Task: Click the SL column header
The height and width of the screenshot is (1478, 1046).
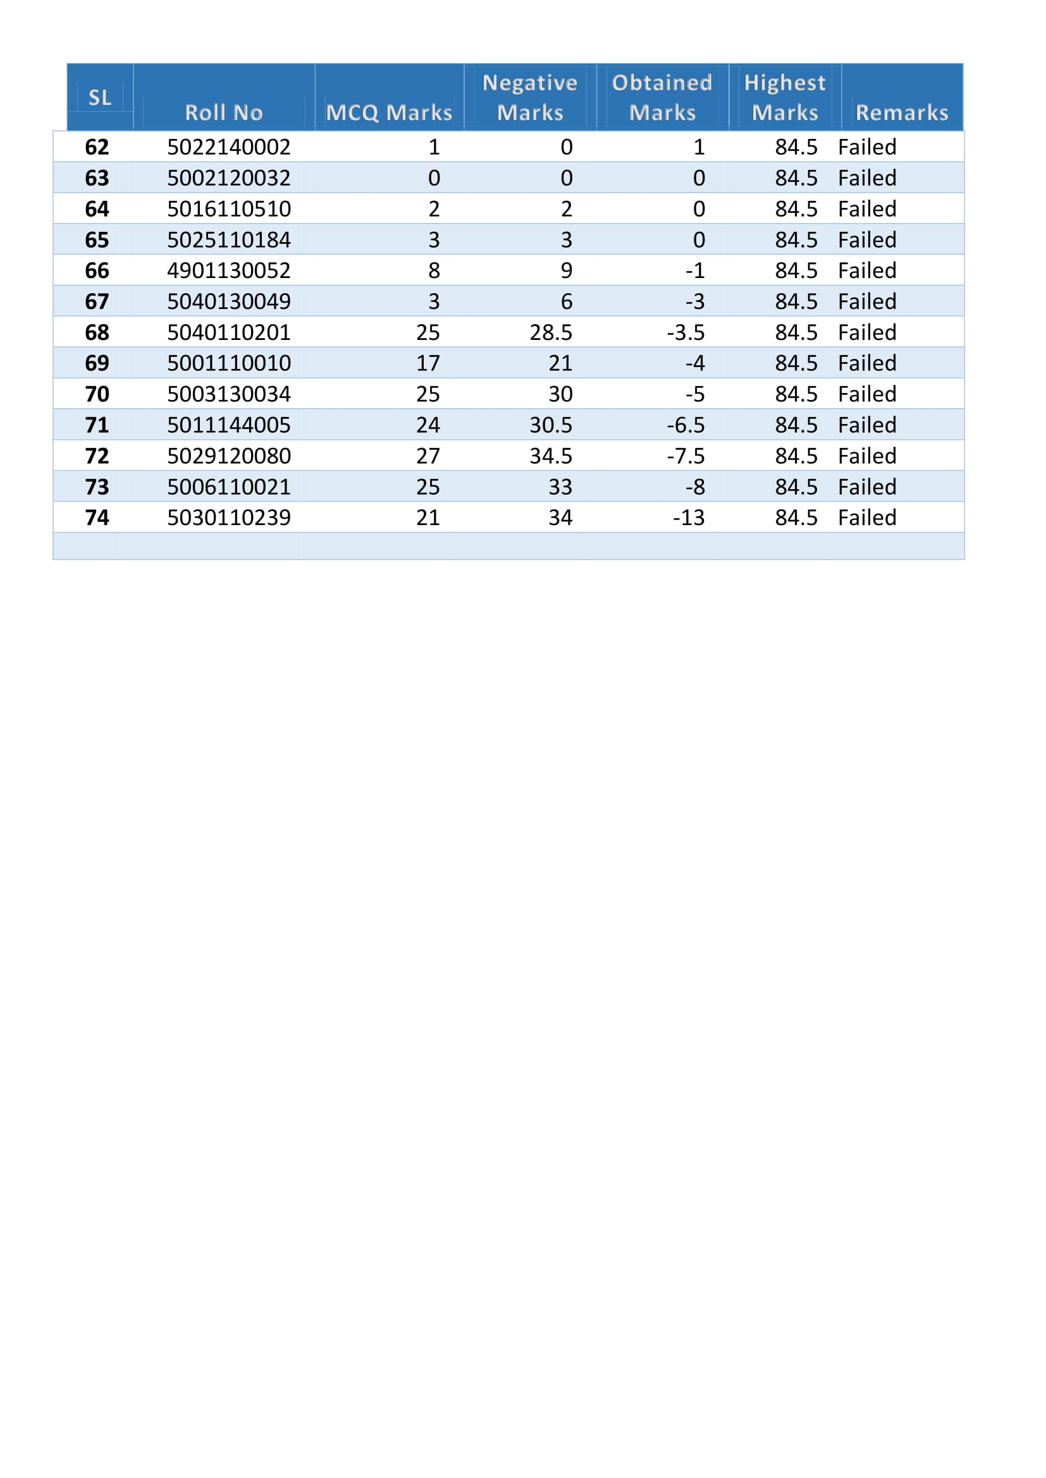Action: [x=100, y=97]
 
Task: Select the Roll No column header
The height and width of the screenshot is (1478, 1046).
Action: [x=223, y=112]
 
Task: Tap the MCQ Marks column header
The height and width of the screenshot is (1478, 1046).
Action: [x=388, y=112]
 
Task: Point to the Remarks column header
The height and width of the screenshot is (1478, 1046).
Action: [x=901, y=112]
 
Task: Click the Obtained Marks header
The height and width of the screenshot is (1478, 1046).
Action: [x=662, y=97]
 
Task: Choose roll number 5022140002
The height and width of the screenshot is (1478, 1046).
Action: [x=229, y=147]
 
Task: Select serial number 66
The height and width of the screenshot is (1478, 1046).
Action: [x=97, y=270]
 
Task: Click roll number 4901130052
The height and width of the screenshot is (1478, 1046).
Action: [x=229, y=270]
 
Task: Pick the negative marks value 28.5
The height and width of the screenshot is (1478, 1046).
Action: [x=551, y=332]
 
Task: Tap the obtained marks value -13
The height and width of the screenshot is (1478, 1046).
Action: [x=689, y=518]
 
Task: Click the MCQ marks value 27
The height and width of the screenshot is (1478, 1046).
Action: [x=428, y=456]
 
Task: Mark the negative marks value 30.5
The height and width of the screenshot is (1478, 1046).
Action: [x=551, y=425]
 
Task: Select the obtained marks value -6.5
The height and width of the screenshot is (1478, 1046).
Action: [x=686, y=425]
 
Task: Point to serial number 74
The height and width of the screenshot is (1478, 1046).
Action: [x=97, y=518]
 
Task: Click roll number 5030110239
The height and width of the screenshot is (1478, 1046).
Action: [x=229, y=518]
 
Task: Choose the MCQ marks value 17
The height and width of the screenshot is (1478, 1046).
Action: [x=428, y=363]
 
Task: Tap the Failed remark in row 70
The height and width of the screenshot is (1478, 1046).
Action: [x=867, y=394]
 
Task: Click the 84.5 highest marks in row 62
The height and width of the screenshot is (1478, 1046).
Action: [x=796, y=147]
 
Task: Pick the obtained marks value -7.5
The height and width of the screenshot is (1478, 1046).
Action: [x=686, y=456]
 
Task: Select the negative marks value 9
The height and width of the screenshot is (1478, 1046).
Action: [x=566, y=270]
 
